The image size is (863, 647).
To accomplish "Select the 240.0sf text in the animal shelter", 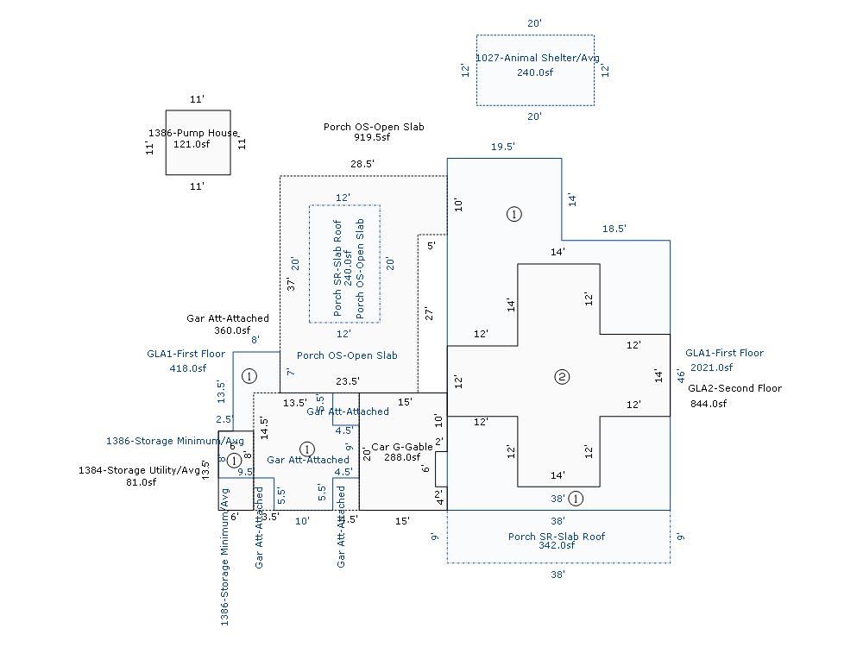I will pos(535,72).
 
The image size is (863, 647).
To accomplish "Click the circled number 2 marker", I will pos(562,376).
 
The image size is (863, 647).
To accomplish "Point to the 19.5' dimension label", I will pos(503,148).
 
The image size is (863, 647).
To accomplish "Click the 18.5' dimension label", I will pos(614,229).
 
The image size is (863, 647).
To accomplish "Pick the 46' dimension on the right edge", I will pos(680,376).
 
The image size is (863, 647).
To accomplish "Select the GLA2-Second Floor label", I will pos(734,388).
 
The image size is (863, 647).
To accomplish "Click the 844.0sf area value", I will pos(708,404).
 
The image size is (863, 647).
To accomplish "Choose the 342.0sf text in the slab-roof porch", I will pos(557,545).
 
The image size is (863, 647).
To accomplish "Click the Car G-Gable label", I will pos(402,447).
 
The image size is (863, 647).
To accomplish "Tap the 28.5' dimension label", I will pos(362,164).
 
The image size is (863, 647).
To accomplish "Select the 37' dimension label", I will pos(291,284).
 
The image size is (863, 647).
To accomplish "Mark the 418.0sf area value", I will pos(188,368).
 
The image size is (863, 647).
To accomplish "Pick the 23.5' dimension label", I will pos(348,381).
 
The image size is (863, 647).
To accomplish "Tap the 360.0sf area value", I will pos(232,330).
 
